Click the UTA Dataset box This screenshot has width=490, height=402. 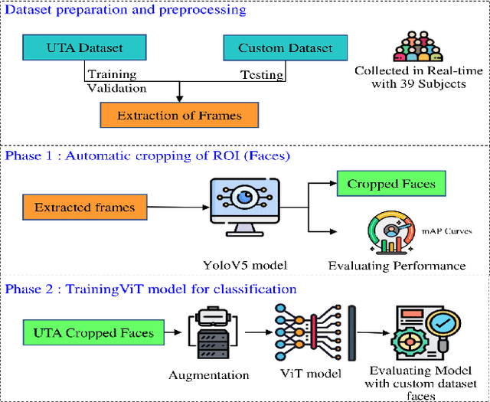pyautogui.click(x=83, y=48)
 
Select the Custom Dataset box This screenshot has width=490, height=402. pyautogui.click(x=286, y=48)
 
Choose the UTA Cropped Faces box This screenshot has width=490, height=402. pyautogui.click(x=93, y=333)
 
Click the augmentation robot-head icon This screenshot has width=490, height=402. pyautogui.click(x=209, y=333)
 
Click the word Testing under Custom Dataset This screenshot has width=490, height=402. pyautogui.click(x=260, y=75)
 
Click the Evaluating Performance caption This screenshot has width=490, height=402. pyautogui.click(x=397, y=266)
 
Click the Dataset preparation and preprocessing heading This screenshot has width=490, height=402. pyautogui.click(x=126, y=10)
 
